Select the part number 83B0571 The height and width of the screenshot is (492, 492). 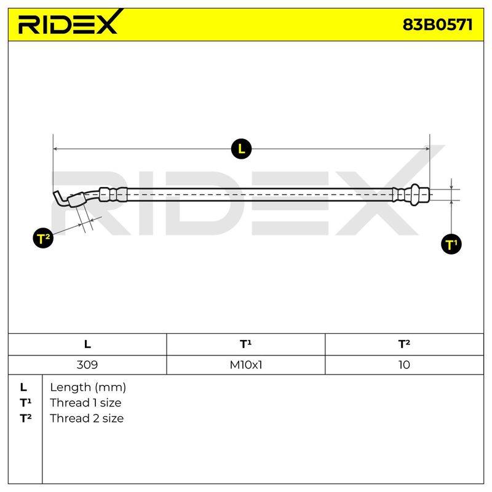click(437, 25)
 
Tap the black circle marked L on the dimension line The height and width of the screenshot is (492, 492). click(241, 149)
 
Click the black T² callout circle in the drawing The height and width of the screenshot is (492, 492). click(43, 239)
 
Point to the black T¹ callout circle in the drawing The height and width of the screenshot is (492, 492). click(451, 244)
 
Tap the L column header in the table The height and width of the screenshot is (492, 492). click(87, 344)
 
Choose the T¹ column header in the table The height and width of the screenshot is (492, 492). click(245, 344)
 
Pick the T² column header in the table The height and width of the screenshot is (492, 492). click(404, 344)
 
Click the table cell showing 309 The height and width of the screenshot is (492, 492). click(87, 365)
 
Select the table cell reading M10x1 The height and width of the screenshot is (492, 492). click(245, 365)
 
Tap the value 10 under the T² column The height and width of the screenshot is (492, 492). click(404, 365)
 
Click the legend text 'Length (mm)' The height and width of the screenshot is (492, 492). click(88, 387)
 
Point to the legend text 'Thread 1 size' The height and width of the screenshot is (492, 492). click(85, 403)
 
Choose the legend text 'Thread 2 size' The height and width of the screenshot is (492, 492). click(87, 418)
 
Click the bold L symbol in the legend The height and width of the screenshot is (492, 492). click(23, 387)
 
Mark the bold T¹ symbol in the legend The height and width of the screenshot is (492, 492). click(25, 403)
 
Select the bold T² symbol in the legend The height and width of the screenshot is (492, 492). click(25, 418)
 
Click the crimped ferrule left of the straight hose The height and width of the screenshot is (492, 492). click(113, 194)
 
